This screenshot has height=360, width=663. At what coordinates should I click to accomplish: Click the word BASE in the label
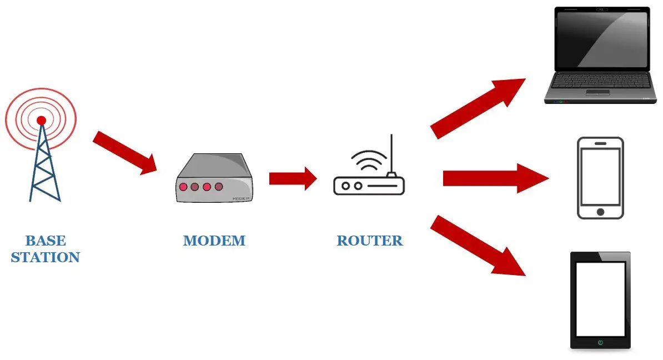(x=46, y=241)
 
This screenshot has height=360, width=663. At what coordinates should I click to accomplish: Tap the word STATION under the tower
(x=46, y=258)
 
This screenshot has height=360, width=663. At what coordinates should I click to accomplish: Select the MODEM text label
(x=214, y=241)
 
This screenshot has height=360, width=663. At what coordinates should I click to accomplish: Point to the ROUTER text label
(x=370, y=241)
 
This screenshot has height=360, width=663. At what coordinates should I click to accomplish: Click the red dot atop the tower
(x=41, y=120)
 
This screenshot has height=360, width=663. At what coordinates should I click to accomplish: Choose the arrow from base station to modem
(x=124, y=152)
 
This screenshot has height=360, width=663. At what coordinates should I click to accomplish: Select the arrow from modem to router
(x=292, y=178)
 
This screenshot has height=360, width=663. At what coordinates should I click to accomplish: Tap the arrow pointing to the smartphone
(x=494, y=178)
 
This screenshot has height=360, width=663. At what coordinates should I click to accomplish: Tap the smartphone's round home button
(x=600, y=212)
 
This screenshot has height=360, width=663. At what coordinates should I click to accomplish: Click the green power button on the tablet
(x=600, y=343)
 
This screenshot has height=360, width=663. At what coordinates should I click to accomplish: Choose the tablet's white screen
(x=600, y=298)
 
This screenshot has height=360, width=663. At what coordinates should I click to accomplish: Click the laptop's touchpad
(x=597, y=92)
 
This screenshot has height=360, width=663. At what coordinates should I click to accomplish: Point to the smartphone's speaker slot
(x=600, y=143)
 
